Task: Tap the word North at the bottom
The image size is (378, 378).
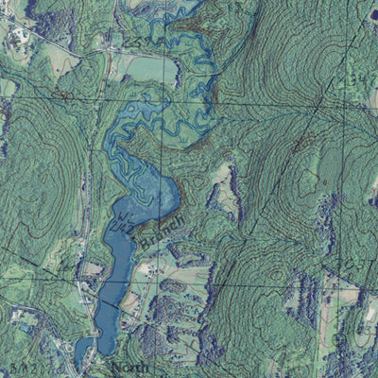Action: tap(129, 367)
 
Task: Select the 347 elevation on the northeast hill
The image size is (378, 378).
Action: tap(356, 78)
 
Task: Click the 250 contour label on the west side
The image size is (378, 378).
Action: tap(63, 94)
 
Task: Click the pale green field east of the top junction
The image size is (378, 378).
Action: tap(142, 66)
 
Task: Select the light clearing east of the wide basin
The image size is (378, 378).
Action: tap(224, 180)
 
